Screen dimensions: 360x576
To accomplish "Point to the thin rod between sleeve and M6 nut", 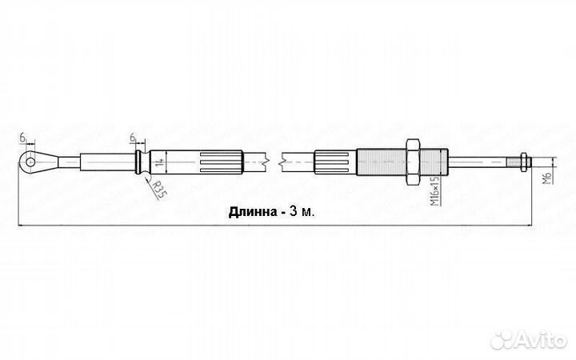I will click(484, 161).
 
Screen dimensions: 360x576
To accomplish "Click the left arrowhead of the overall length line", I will click(20, 226).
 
